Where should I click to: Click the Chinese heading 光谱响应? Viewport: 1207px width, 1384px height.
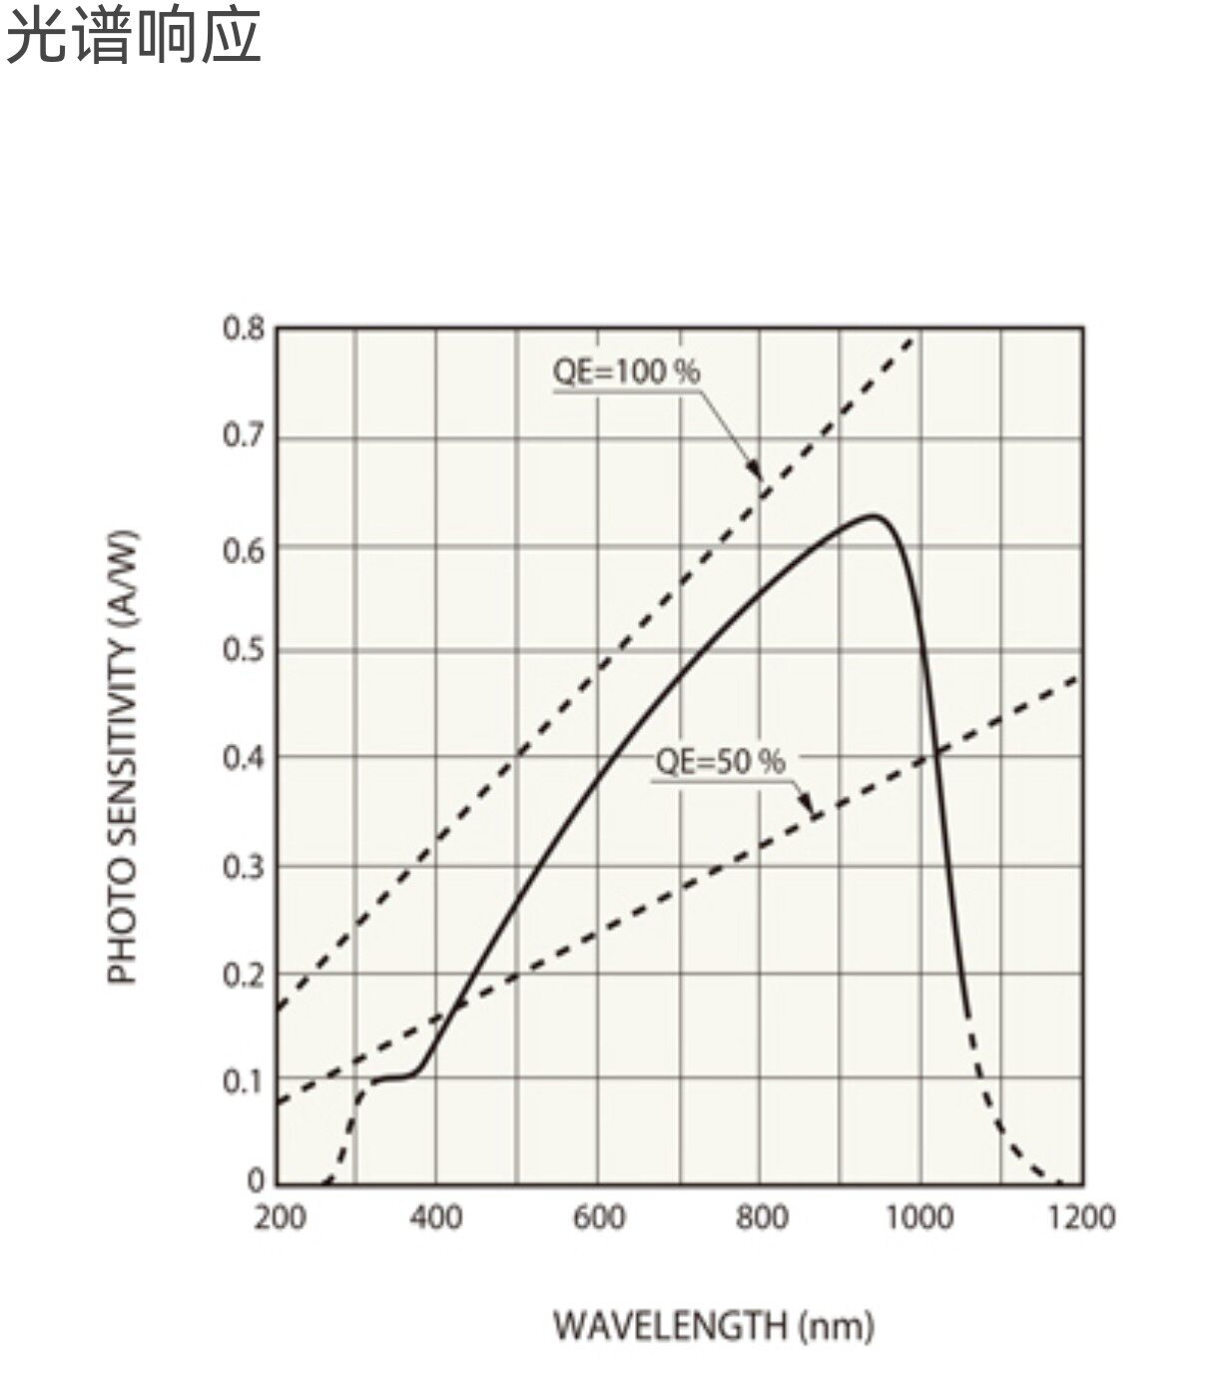[x=133, y=36]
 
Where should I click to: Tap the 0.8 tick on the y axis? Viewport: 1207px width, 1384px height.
[x=244, y=329]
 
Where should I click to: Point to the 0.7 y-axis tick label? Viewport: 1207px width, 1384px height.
[x=244, y=435]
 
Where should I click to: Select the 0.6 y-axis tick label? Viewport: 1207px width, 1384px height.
[x=244, y=551]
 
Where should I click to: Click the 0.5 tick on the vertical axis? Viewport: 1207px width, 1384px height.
[x=244, y=650]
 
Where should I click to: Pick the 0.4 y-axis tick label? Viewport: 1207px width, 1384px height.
[x=244, y=758]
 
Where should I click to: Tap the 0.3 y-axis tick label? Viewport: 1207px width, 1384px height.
[x=244, y=867]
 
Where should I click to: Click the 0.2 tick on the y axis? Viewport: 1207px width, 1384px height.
[x=244, y=976]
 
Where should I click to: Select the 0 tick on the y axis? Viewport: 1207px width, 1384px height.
[x=257, y=1180]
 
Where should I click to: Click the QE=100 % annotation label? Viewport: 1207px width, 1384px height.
[x=626, y=371]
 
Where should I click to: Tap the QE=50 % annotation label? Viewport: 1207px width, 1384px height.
[x=721, y=762]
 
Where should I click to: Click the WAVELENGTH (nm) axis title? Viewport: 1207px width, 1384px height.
[x=714, y=1326]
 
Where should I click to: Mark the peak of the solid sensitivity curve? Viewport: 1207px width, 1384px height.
[x=873, y=516]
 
